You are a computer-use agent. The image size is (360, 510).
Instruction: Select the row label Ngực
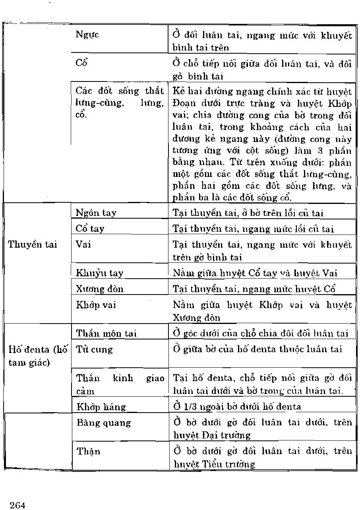(x=87, y=35)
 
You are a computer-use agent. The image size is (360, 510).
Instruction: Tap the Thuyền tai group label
(x=33, y=244)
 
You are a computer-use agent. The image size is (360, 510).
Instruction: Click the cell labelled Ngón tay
(x=96, y=213)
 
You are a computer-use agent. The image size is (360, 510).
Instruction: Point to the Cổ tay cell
(x=90, y=229)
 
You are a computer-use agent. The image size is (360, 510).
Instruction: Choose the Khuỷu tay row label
(x=100, y=273)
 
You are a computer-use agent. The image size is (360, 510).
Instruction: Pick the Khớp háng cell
(x=101, y=407)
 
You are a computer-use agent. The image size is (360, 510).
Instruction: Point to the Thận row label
(x=89, y=451)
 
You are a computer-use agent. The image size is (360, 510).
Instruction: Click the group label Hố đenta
(x=38, y=350)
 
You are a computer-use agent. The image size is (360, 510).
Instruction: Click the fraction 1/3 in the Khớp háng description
(x=187, y=406)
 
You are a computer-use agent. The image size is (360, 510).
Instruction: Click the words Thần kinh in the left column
(x=105, y=378)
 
